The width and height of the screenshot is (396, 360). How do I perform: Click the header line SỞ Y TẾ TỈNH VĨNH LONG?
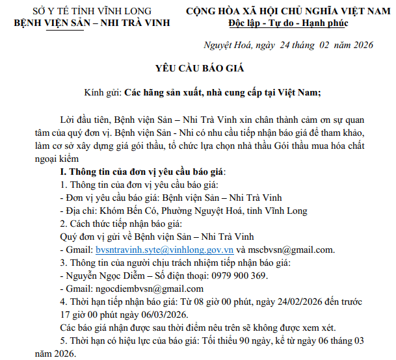coord(92,11)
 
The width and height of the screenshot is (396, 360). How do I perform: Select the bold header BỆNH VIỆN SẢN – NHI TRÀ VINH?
coord(92,23)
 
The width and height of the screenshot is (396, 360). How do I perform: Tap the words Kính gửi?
coord(103,92)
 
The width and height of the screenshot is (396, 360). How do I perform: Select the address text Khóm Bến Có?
coord(127,211)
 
